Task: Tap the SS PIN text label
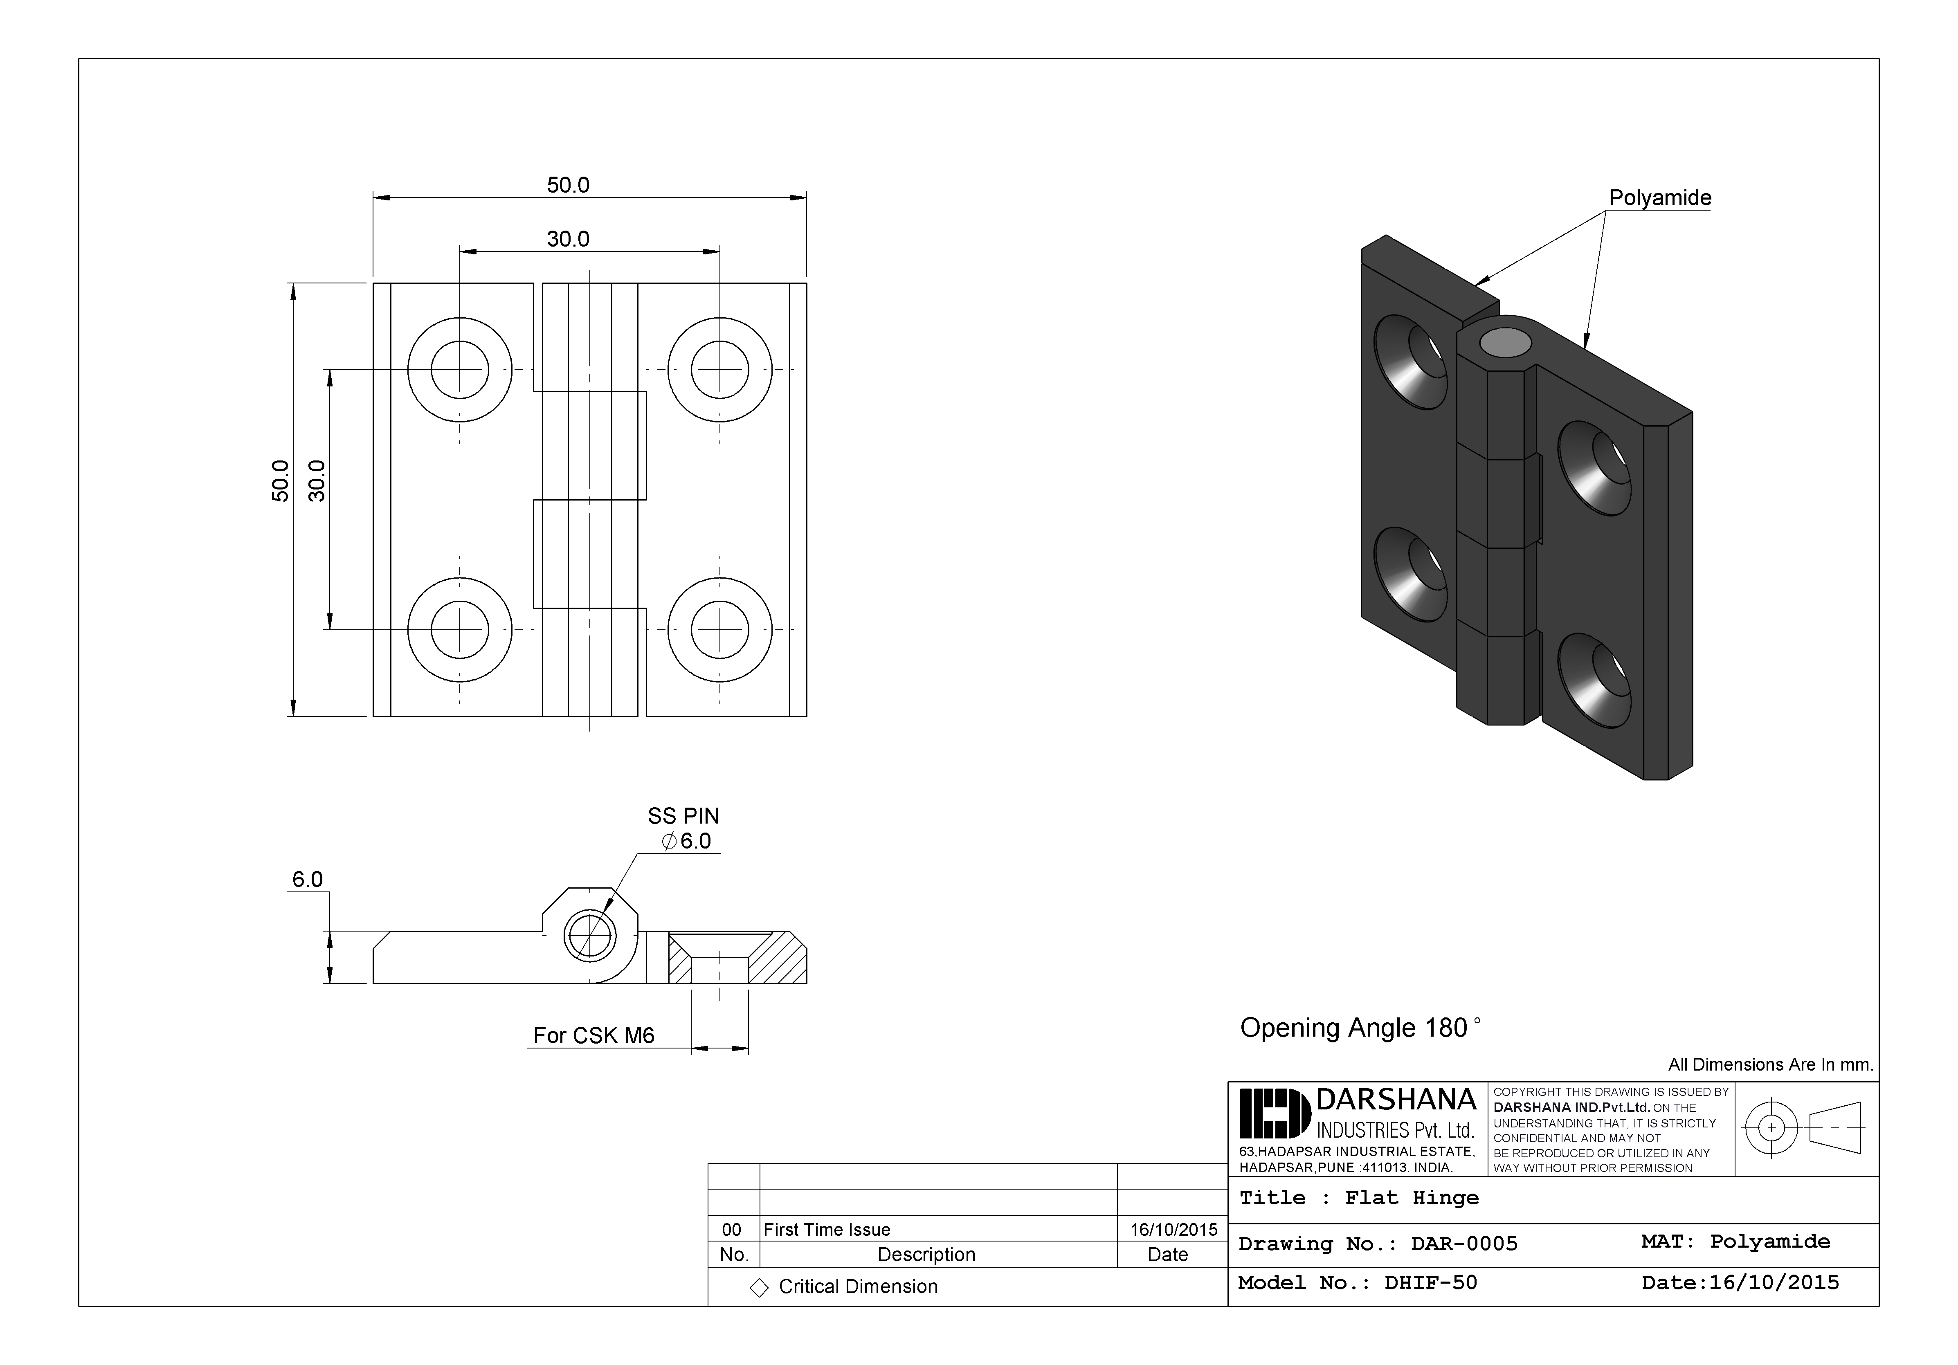tap(683, 816)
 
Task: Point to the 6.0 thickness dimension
tap(307, 879)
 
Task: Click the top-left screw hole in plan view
tap(460, 369)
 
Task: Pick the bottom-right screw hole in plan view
tap(720, 630)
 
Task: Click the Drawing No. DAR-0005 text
tap(1377, 1244)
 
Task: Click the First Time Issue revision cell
tap(826, 1229)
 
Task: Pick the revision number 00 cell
tap(732, 1229)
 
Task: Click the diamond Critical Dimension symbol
tap(758, 1287)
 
